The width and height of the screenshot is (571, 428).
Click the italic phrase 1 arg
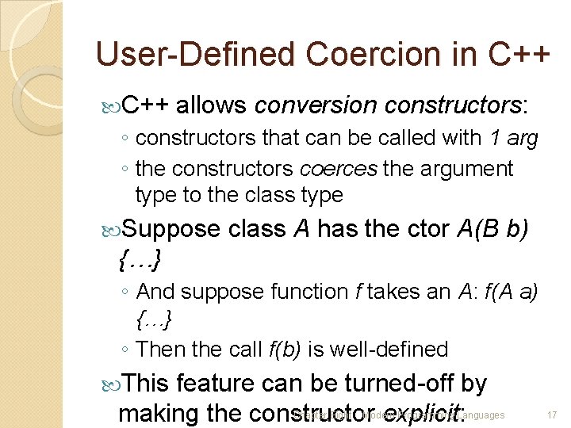coord(513,139)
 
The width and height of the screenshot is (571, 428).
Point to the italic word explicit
coord(422,413)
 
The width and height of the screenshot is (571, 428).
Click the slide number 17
coord(552,415)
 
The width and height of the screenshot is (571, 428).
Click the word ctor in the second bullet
coord(429,229)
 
